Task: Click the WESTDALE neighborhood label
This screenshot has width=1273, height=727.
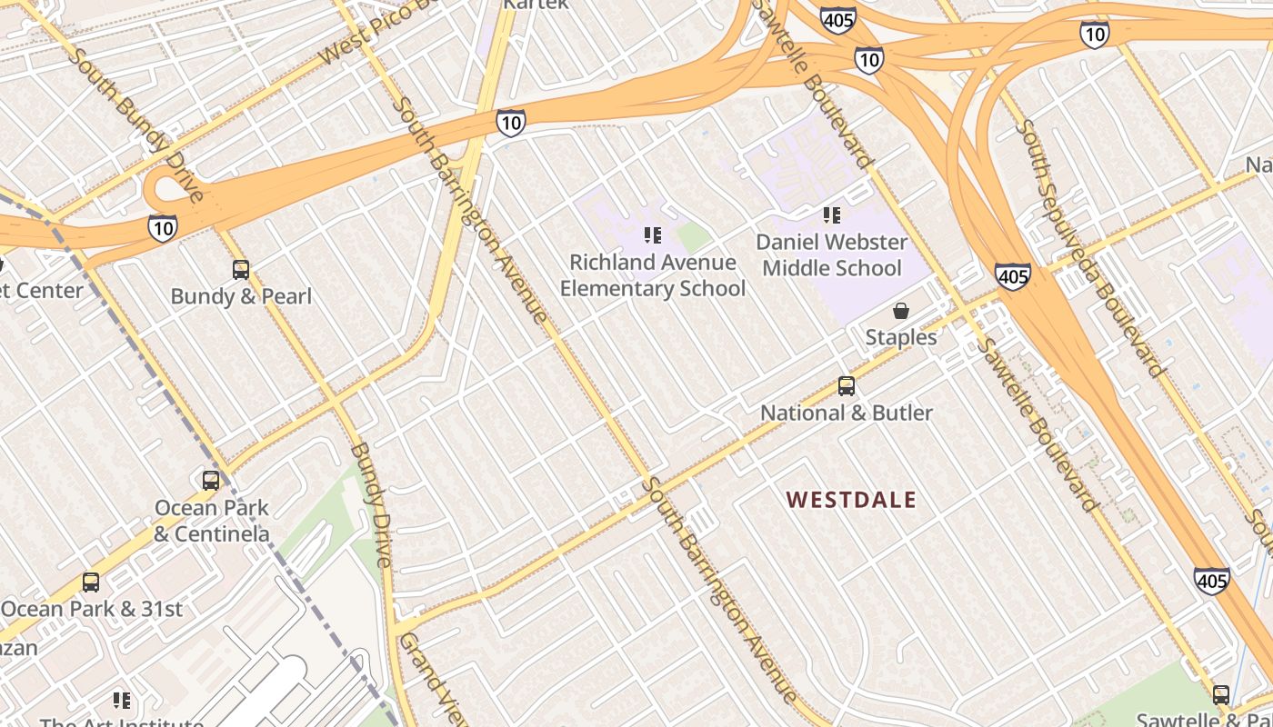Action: [x=851, y=500]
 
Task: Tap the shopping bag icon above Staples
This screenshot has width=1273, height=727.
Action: [x=901, y=311]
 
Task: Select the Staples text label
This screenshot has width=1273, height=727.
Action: [x=901, y=337]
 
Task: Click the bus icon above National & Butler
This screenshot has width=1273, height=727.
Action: [x=847, y=386]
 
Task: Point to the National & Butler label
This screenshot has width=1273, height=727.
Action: [x=847, y=413]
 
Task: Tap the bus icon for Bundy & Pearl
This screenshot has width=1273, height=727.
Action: [x=241, y=270]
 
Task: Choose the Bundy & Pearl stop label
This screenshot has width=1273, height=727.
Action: [x=241, y=296]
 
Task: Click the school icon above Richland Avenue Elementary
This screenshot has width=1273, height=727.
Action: [x=652, y=235]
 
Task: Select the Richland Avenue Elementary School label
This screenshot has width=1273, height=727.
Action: [x=652, y=275]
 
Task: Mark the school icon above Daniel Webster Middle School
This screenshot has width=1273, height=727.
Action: [x=832, y=215]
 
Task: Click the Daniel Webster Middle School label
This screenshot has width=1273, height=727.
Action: [x=832, y=255]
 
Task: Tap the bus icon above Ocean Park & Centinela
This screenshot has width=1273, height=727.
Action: [x=211, y=481]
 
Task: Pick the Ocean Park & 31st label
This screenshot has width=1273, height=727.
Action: [x=92, y=609]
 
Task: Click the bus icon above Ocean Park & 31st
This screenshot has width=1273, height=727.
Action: [x=91, y=583]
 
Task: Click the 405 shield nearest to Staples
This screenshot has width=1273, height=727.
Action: [x=1012, y=275]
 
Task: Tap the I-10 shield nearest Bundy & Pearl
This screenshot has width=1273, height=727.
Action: [x=163, y=227]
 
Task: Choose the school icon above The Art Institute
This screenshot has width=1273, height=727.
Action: [x=122, y=701]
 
